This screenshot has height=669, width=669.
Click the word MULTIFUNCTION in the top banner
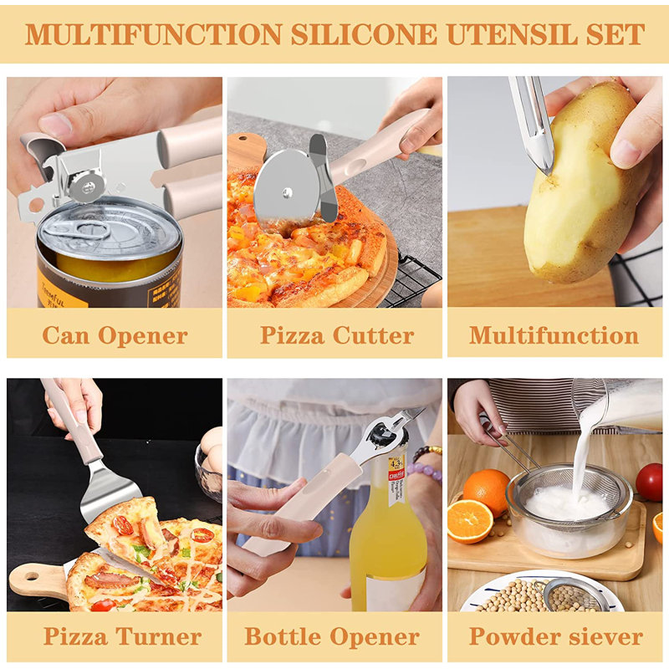[x=154, y=34]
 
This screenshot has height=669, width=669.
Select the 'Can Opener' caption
[x=115, y=335]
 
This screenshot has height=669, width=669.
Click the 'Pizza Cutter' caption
[x=337, y=335]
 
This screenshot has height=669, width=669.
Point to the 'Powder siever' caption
[x=556, y=636]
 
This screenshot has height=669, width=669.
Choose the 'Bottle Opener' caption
[x=332, y=636]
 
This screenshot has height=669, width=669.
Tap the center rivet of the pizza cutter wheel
[x=287, y=192]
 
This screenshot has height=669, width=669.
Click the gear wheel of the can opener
[x=88, y=186]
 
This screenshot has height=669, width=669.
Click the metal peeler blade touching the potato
[x=534, y=128]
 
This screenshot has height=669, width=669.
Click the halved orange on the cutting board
[x=469, y=521]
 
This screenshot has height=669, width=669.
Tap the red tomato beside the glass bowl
[x=650, y=482]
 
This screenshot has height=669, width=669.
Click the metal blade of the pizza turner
[x=110, y=491]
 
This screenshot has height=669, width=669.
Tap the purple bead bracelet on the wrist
[x=425, y=472]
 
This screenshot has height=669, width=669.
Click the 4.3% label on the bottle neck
[x=396, y=462]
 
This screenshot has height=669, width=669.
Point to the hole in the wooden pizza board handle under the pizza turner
[x=33, y=576]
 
